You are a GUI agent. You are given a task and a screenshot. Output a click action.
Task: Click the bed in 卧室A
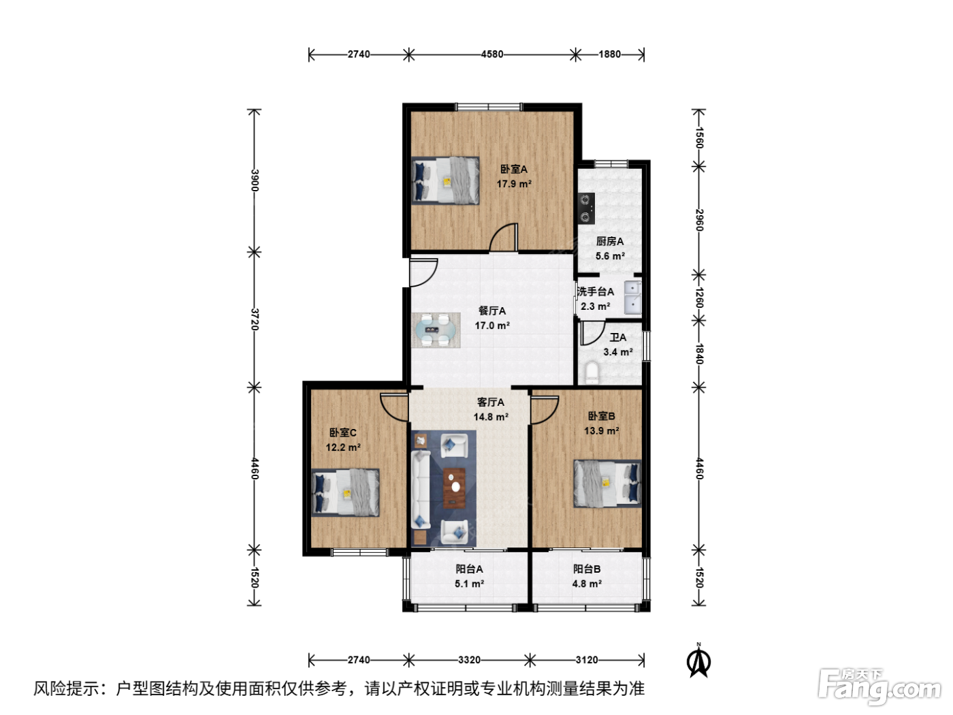tap(445, 180)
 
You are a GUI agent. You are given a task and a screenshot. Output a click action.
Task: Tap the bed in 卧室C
tap(346, 492)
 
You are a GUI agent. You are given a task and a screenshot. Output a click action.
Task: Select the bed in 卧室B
tap(607, 483)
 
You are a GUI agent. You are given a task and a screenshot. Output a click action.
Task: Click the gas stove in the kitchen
tap(587, 208)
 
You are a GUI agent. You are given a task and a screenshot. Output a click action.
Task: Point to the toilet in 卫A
tap(592, 372)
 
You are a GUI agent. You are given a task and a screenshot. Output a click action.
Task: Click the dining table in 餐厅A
tap(436, 330)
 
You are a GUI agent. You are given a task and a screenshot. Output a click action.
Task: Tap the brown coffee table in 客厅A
tap(454, 488)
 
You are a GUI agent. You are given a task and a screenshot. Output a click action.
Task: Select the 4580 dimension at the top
tap(492, 54)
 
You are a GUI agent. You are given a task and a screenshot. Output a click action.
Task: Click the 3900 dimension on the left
tap(255, 180)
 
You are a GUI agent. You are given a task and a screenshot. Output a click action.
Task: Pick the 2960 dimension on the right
tap(699, 220)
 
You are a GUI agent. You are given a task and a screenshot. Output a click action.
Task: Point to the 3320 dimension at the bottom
tap(469, 660)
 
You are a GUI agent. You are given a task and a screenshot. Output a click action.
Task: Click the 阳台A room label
tap(469, 569)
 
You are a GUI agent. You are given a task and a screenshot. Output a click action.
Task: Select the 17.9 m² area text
tap(514, 184)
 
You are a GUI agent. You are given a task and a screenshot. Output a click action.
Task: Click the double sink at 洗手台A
tap(632, 298)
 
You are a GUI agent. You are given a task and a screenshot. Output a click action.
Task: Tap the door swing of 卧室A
tap(504, 238)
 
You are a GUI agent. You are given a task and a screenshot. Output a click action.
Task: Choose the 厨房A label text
tap(609, 241)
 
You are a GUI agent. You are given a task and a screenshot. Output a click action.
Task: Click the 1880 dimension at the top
tap(609, 54)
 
